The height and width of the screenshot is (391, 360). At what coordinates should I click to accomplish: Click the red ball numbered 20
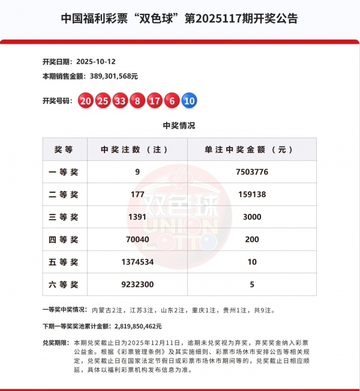[x=85, y=101]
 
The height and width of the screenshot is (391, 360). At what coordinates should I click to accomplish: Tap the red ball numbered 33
[x=120, y=101]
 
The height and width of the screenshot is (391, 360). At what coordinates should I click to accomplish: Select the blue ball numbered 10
[x=189, y=101]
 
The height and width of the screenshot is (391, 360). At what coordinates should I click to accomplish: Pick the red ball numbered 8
[x=137, y=101]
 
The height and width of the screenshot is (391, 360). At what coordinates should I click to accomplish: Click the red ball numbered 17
[x=155, y=101]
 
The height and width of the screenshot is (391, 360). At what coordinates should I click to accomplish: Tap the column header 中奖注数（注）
[x=137, y=150]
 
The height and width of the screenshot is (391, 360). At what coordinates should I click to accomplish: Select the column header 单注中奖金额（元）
[x=251, y=150]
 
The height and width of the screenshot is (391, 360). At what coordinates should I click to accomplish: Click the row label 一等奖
[x=64, y=172]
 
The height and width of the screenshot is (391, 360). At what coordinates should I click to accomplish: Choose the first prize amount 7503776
[x=251, y=172]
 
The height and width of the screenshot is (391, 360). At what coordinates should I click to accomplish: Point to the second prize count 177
[x=137, y=195]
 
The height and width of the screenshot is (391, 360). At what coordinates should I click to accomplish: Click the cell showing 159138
[x=251, y=195]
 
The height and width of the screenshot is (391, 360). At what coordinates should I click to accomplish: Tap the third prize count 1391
[x=137, y=217]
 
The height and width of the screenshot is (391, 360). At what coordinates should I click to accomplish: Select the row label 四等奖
[x=64, y=240]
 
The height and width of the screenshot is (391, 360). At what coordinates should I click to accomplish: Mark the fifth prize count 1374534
[x=137, y=262]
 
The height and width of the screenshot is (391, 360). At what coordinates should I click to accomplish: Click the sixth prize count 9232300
[x=137, y=285]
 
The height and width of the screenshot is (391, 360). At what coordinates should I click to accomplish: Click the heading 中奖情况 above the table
[x=179, y=126]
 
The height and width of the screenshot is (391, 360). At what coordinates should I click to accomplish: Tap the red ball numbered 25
[x=103, y=101]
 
